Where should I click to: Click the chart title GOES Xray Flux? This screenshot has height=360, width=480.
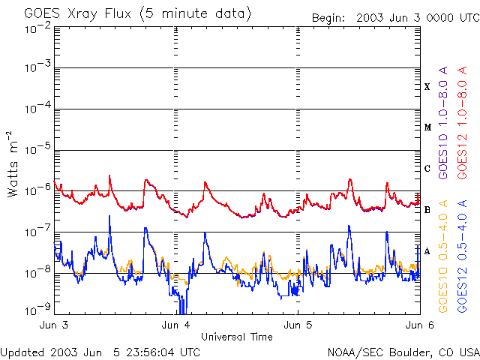[x=78, y=13]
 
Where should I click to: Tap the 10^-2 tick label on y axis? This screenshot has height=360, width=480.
[x=38, y=28]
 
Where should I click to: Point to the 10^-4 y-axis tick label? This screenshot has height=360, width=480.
[x=38, y=108]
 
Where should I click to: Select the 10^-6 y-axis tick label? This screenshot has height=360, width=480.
[x=38, y=190]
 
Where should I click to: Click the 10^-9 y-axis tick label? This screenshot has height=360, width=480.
[x=38, y=310]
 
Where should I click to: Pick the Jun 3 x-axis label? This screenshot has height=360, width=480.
[x=54, y=325]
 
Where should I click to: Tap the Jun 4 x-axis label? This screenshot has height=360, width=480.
[x=175, y=325]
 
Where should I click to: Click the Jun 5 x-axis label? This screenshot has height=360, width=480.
[x=298, y=325]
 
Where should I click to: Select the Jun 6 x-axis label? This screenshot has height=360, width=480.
[x=420, y=325]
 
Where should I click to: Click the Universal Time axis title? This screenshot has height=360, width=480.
[x=237, y=337]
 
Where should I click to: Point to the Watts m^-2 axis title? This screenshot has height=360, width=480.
[x=13, y=164]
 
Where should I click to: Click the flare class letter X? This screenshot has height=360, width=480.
[x=427, y=87]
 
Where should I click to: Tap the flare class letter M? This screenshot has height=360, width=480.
[x=427, y=127]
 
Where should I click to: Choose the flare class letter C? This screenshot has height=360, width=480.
[x=427, y=169]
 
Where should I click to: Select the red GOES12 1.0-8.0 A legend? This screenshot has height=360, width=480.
[x=462, y=123]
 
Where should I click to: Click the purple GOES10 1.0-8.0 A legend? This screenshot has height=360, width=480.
[x=443, y=123]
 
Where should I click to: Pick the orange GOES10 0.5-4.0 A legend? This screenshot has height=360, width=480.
[x=443, y=256]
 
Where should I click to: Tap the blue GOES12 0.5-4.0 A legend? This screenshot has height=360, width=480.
[x=462, y=256]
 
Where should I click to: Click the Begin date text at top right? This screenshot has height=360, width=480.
[x=396, y=18]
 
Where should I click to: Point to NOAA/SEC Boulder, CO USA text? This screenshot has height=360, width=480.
[x=403, y=352]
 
